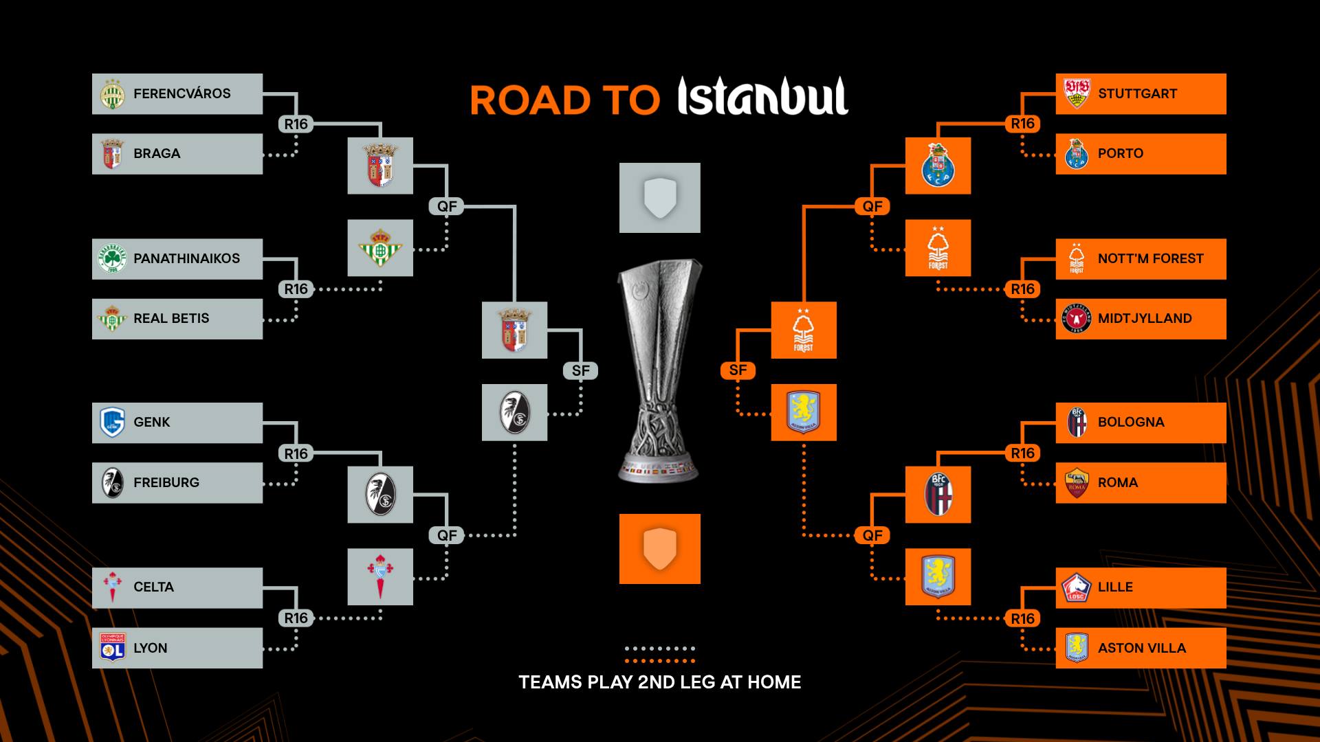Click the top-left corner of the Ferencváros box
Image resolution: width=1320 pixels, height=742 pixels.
(x=92, y=74)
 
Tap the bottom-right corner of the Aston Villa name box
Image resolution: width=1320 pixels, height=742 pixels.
(x=1226, y=668)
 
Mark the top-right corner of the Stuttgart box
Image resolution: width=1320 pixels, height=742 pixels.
(x=1226, y=74)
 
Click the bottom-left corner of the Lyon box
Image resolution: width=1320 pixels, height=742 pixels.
(x=92, y=668)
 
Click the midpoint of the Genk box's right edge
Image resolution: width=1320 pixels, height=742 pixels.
(x=263, y=423)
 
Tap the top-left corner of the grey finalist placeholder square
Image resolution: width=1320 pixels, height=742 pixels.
(x=619, y=163)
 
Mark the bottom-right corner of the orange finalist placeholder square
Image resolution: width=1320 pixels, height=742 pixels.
(x=701, y=584)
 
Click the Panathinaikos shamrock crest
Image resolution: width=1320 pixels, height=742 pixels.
(x=112, y=259)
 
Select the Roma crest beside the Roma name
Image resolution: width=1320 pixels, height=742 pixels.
(x=1077, y=483)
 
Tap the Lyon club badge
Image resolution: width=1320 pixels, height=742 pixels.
(x=112, y=648)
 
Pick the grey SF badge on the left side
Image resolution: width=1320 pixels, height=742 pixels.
(x=581, y=370)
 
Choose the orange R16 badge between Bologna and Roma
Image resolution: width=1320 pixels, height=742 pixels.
(x=1023, y=453)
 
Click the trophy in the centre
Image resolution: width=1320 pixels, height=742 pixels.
(x=660, y=371)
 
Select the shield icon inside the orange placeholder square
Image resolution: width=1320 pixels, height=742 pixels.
(x=660, y=549)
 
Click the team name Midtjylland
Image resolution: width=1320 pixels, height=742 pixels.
(x=1145, y=319)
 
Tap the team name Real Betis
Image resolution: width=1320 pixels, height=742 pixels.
(x=171, y=319)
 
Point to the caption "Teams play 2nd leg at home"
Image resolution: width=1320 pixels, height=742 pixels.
(x=660, y=682)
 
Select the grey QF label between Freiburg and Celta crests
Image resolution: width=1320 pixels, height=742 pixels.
(x=447, y=535)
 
